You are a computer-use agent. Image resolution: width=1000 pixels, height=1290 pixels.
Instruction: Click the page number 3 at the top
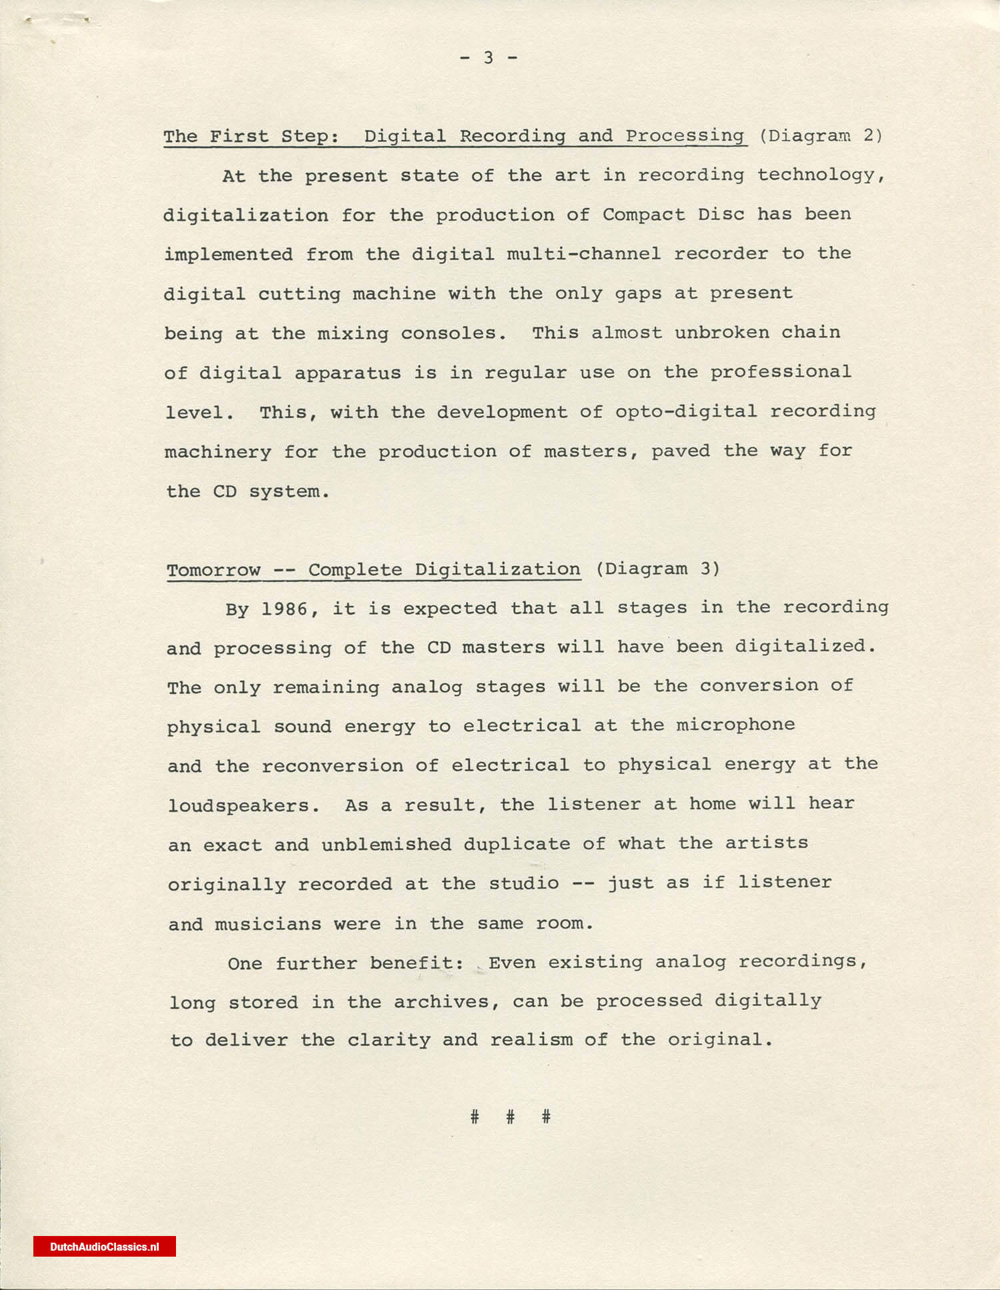click(x=489, y=58)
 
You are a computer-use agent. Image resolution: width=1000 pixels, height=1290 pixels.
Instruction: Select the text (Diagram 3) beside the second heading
click(x=657, y=569)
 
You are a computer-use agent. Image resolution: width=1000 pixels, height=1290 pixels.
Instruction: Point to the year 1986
click(x=285, y=609)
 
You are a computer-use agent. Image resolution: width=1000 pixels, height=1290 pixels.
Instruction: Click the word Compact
click(x=643, y=215)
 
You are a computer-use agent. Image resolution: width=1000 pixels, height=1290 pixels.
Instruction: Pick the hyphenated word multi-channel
click(x=583, y=254)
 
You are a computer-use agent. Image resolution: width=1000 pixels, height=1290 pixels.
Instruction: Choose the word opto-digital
click(x=686, y=411)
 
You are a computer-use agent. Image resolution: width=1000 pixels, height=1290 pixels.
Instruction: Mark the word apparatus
click(x=347, y=373)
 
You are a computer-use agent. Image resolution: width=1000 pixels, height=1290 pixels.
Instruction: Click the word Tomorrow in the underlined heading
click(x=213, y=571)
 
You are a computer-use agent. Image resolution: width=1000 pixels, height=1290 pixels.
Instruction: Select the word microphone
click(x=735, y=725)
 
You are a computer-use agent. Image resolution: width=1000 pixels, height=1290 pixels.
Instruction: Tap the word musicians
click(x=268, y=924)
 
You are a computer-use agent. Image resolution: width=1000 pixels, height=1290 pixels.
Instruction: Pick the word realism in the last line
click(x=531, y=1040)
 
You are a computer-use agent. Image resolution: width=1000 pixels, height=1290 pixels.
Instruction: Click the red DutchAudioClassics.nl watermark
click(x=105, y=1247)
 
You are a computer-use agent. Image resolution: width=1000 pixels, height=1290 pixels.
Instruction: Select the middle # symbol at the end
click(x=510, y=1117)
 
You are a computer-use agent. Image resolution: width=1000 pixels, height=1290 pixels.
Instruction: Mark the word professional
click(x=780, y=372)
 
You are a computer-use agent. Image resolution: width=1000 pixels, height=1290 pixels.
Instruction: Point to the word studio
click(x=524, y=884)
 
